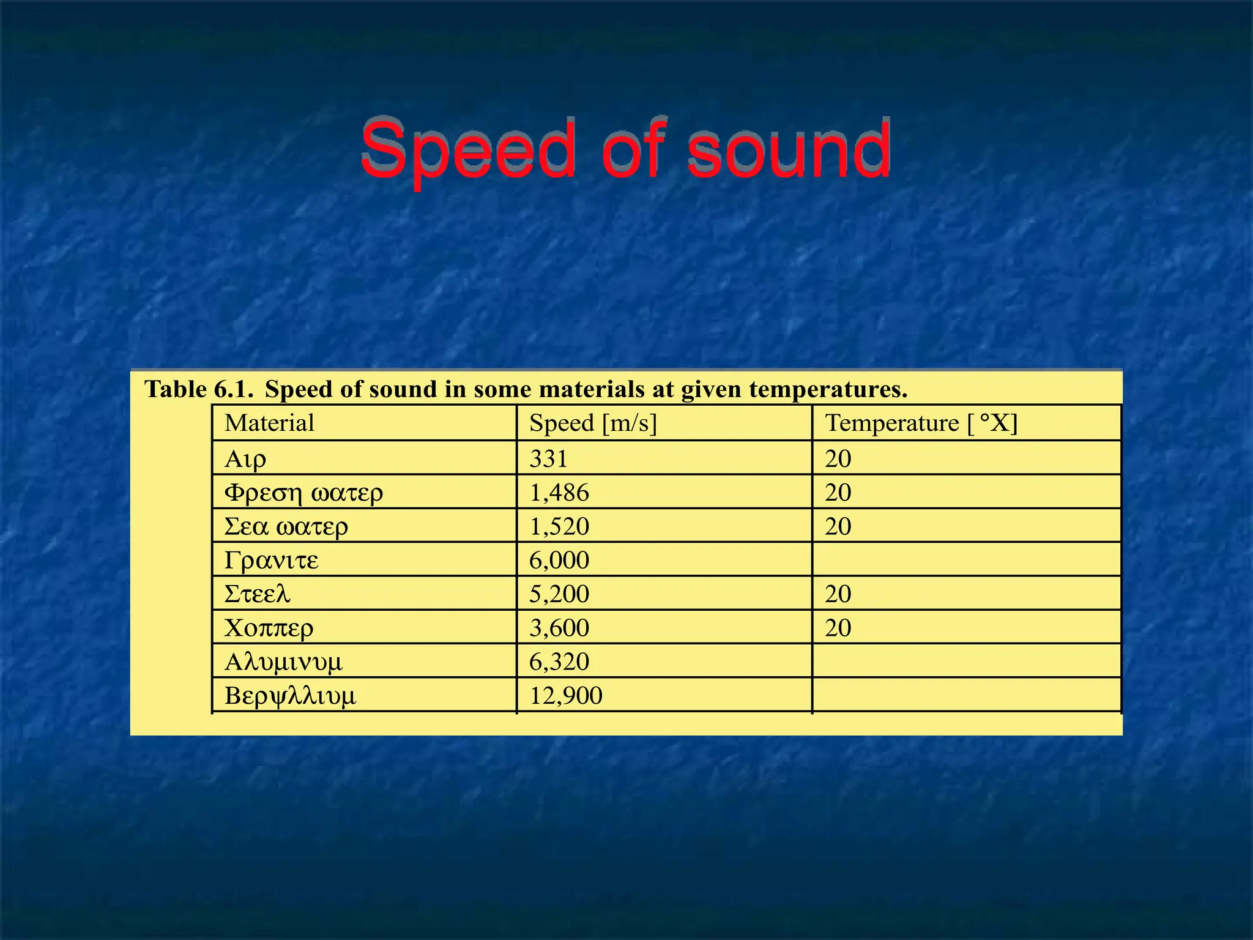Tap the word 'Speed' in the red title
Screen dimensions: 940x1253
(x=468, y=150)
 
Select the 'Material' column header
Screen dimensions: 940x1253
(x=269, y=423)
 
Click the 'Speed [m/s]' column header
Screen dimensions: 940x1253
(x=593, y=423)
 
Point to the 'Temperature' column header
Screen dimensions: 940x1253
(x=892, y=423)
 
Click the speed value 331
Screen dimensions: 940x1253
(x=548, y=458)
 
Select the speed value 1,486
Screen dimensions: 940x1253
(x=559, y=493)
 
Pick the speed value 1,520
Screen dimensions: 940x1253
(x=559, y=526)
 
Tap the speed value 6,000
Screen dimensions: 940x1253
(x=559, y=560)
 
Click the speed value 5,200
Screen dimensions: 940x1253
(x=559, y=594)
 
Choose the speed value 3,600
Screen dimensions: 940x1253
(x=559, y=628)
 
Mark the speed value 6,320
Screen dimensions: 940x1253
(x=559, y=662)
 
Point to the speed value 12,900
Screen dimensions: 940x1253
(x=566, y=695)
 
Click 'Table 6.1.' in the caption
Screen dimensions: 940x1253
(x=199, y=389)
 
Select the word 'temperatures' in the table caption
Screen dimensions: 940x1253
(x=828, y=389)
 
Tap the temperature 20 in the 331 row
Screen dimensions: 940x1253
(x=838, y=458)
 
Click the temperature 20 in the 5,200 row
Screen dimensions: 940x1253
(x=838, y=594)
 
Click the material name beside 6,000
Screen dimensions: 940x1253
(x=272, y=560)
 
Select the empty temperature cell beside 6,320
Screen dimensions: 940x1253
(x=967, y=662)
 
